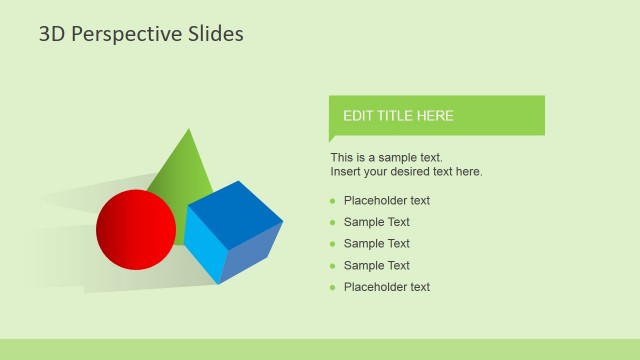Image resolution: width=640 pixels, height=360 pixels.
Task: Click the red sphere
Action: click(x=136, y=230)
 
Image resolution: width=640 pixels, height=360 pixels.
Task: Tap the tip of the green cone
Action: click(x=188, y=130)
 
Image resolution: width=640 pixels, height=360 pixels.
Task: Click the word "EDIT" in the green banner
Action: click(x=359, y=116)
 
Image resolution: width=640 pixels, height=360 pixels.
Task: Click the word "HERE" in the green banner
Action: click(x=437, y=116)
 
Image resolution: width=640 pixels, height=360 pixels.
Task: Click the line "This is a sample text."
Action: click(x=386, y=158)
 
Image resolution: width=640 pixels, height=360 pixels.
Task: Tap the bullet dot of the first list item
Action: click(x=333, y=201)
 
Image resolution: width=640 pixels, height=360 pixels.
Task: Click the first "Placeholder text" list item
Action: click(x=387, y=201)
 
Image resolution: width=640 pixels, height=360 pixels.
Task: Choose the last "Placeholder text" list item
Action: click(x=387, y=287)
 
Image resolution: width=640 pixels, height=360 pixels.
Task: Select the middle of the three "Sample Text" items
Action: click(x=377, y=244)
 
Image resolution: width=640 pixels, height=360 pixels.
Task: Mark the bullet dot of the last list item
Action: click(x=333, y=287)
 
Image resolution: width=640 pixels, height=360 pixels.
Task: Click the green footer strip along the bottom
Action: click(x=320, y=349)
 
